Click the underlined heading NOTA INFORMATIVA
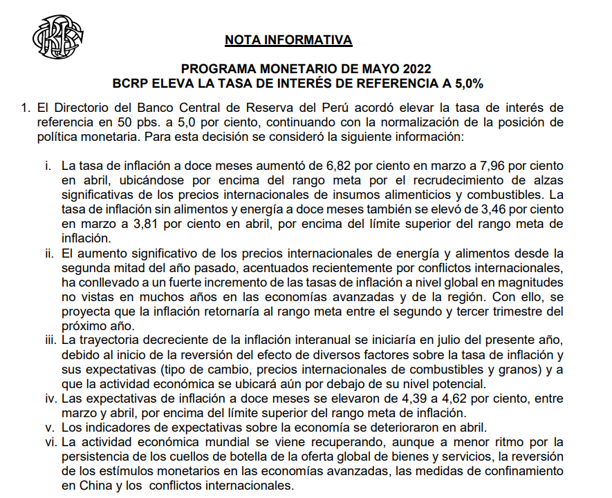click(288, 40)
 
